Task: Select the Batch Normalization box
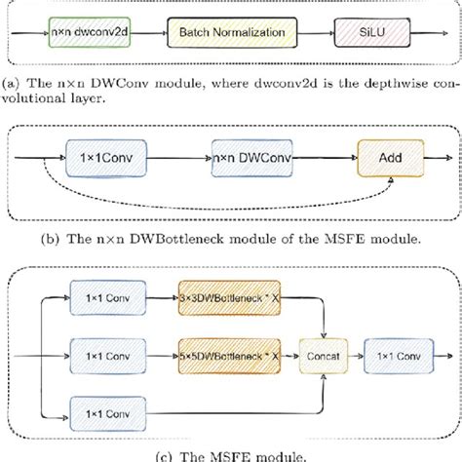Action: click(x=232, y=33)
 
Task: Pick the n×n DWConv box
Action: click(x=248, y=156)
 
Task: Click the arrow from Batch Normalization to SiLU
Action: click(x=314, y=33)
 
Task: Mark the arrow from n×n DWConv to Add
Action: click(x=323, y=156)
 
